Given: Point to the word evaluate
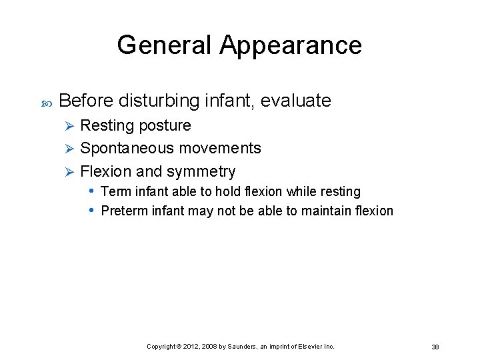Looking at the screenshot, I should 295,101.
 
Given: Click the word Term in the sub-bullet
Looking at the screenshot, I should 115,191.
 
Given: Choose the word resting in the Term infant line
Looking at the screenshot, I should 342,191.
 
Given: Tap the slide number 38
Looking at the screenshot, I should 435,347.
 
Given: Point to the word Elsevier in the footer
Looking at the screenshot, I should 312,347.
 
